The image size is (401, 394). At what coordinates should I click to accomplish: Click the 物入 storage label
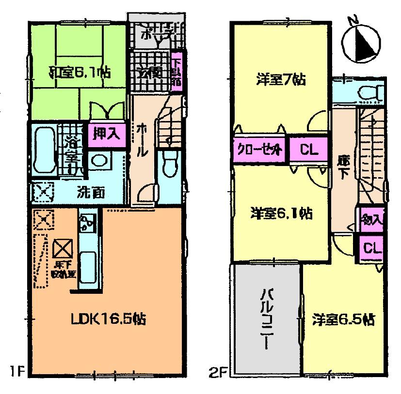point(372,219)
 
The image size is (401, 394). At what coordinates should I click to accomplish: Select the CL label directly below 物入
point(372,248)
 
